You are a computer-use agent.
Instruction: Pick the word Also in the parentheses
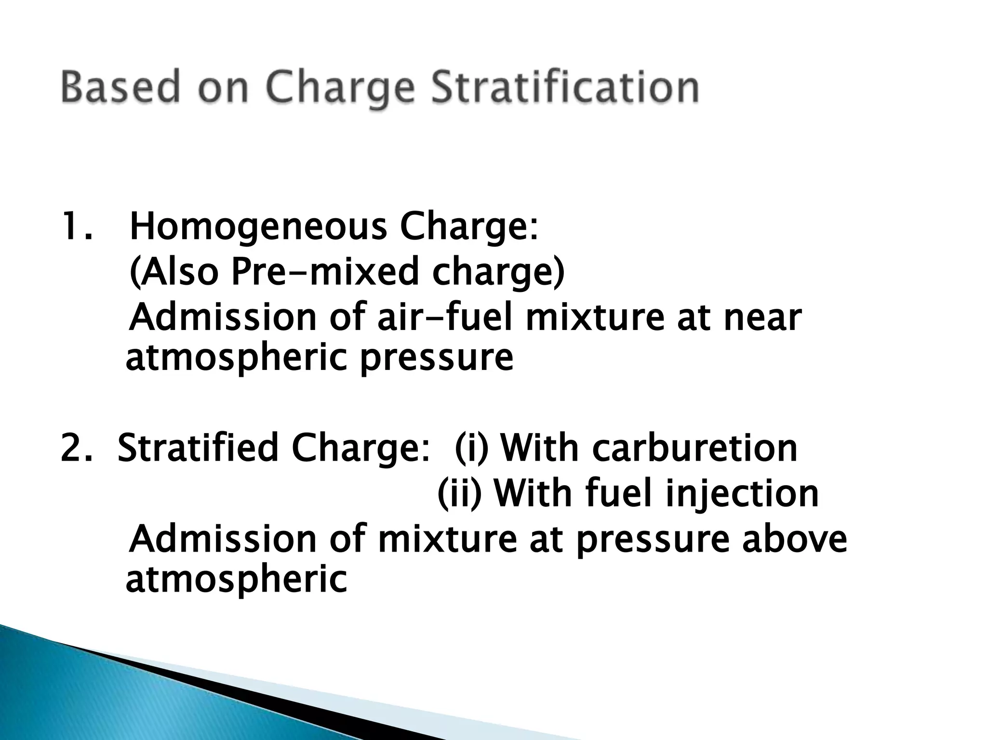174,272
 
